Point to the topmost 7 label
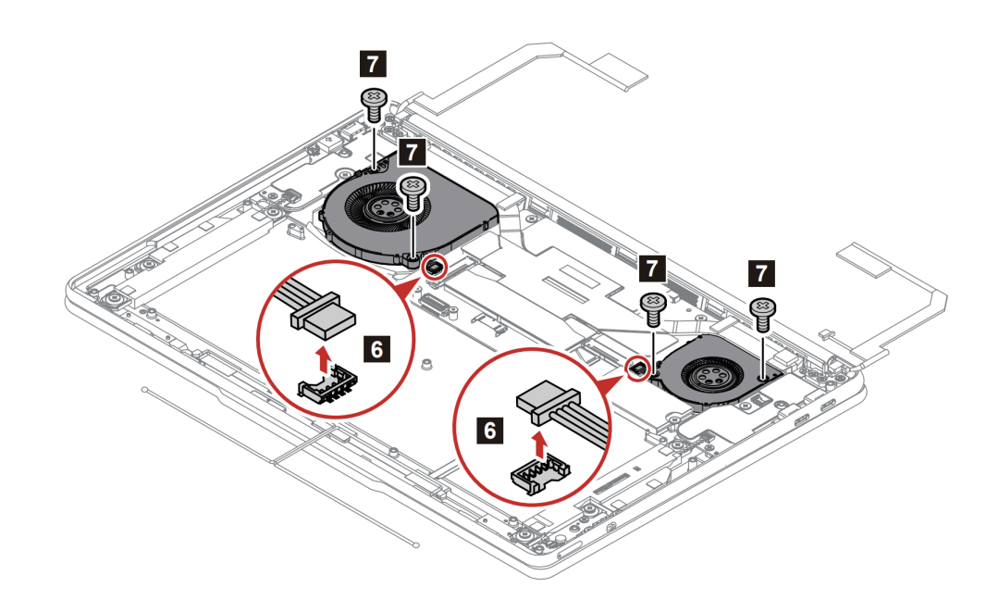(x=371, y=63)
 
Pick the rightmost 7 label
(x=761, y=272)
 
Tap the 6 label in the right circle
(x=491, y=430)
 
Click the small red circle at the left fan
(x=433, y=267)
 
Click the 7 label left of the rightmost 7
(x=653, y=269)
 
